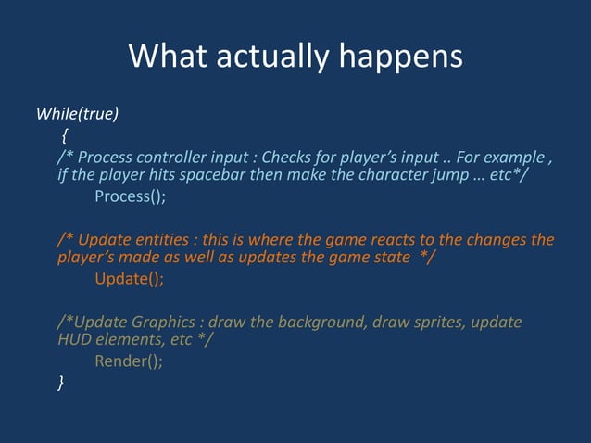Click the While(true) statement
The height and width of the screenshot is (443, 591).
[x=77, y=114]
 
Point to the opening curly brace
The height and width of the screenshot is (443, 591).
[x=65, y=135]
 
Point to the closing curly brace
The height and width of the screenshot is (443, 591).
[x=61, y=382]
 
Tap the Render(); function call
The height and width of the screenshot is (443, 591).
[x=129, y=361]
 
